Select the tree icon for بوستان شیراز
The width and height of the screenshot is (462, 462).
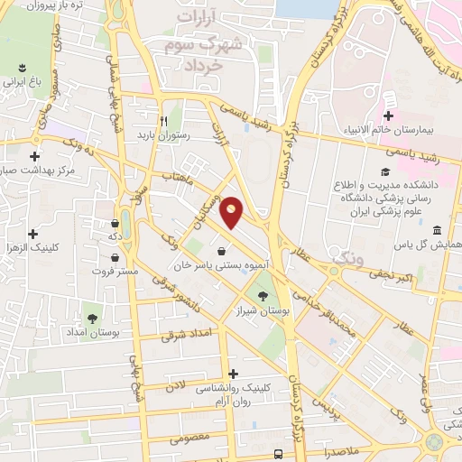(x=263, y=296)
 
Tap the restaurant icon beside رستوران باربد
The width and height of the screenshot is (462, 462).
(x=163, y=120)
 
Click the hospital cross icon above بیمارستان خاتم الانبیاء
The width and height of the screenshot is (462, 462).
(x=388, y=115)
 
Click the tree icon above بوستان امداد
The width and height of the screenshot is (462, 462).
(x=92, y=318)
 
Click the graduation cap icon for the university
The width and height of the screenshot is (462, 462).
(x=385, y=171)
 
